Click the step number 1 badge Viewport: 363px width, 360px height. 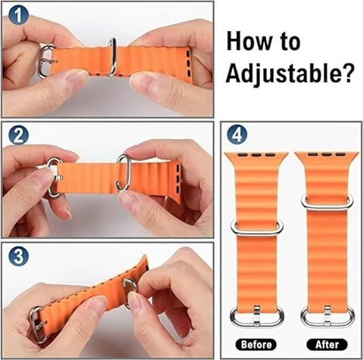click(18, 15)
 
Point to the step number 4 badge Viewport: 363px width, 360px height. click(237, 135)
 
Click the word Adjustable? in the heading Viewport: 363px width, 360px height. click(289, 73)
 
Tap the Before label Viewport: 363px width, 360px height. click(256, 344)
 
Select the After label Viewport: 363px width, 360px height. click(327, 344)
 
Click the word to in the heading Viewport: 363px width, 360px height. click(290, 42)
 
